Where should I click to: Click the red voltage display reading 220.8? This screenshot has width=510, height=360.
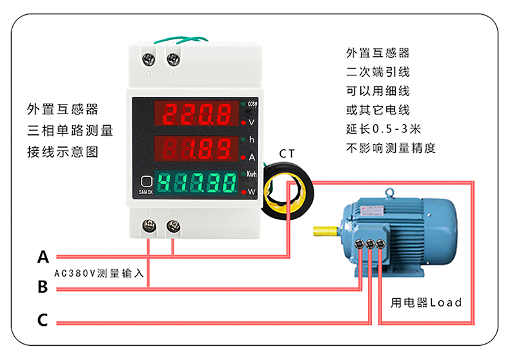point(196,116)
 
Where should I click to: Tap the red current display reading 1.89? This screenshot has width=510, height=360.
point(196,150)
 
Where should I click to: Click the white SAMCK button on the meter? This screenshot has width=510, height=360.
point(146,183)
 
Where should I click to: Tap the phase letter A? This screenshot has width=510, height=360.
point(43,257)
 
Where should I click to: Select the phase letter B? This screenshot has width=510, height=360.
point(43,287)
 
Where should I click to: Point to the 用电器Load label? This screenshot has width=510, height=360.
point(426,302)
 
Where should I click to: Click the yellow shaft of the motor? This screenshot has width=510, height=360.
point(326,229)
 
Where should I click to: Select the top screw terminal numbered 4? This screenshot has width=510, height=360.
point(173,59)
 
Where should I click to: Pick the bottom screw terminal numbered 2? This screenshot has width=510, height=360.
point(173,225)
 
